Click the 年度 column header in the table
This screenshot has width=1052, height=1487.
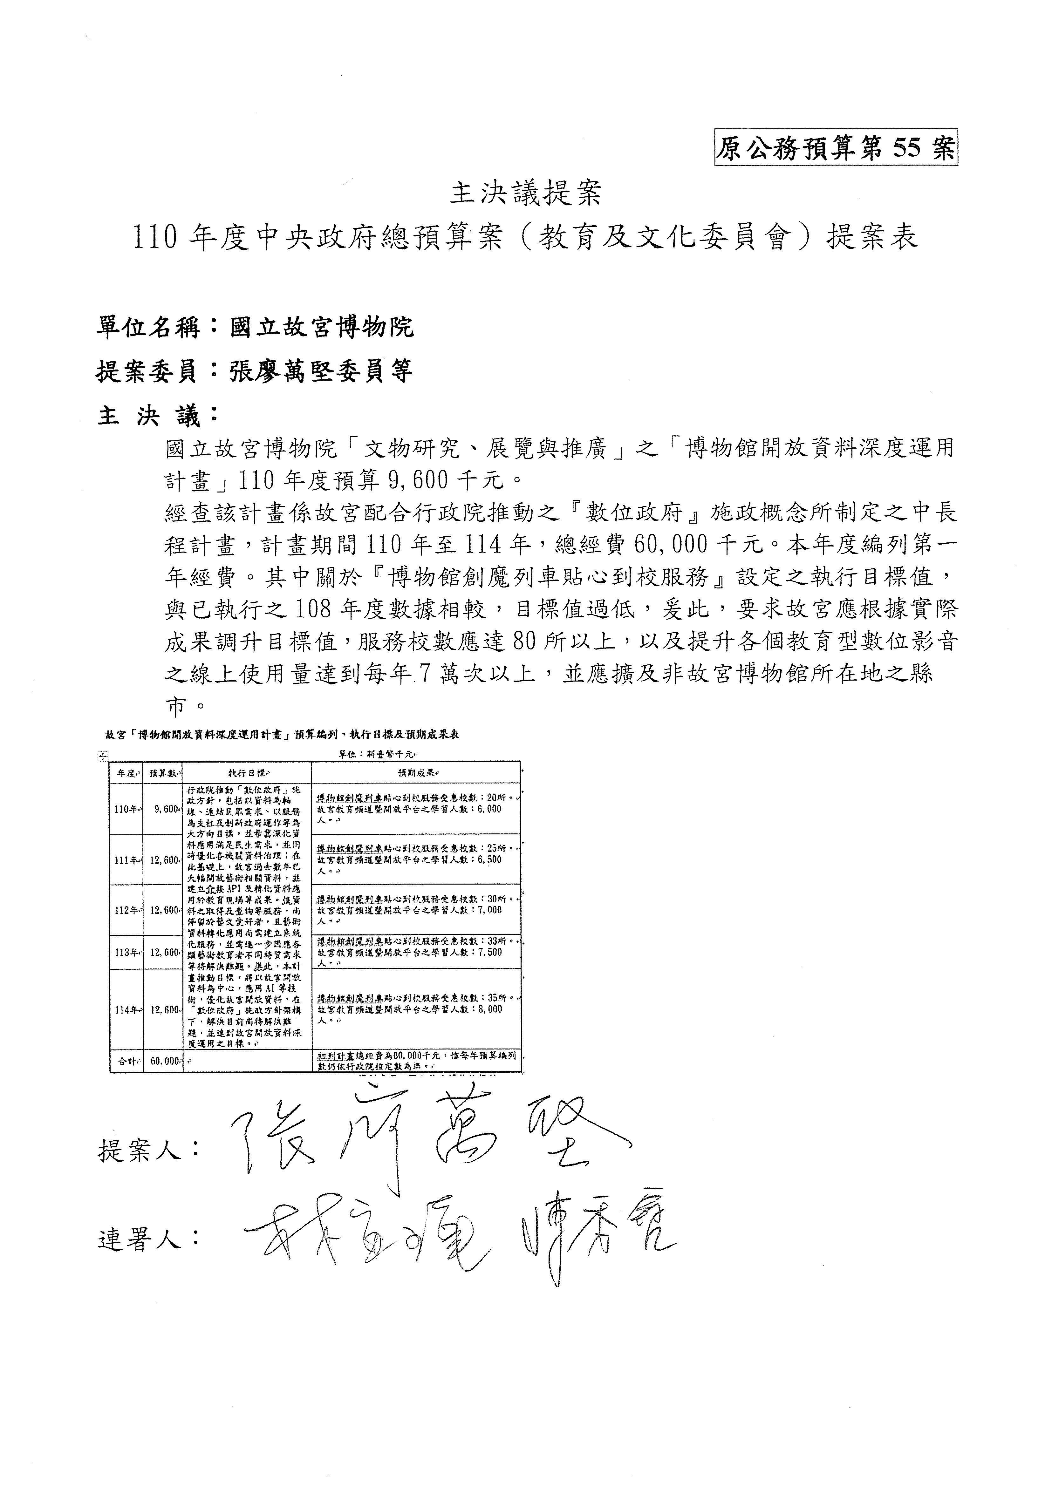[125, 773]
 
